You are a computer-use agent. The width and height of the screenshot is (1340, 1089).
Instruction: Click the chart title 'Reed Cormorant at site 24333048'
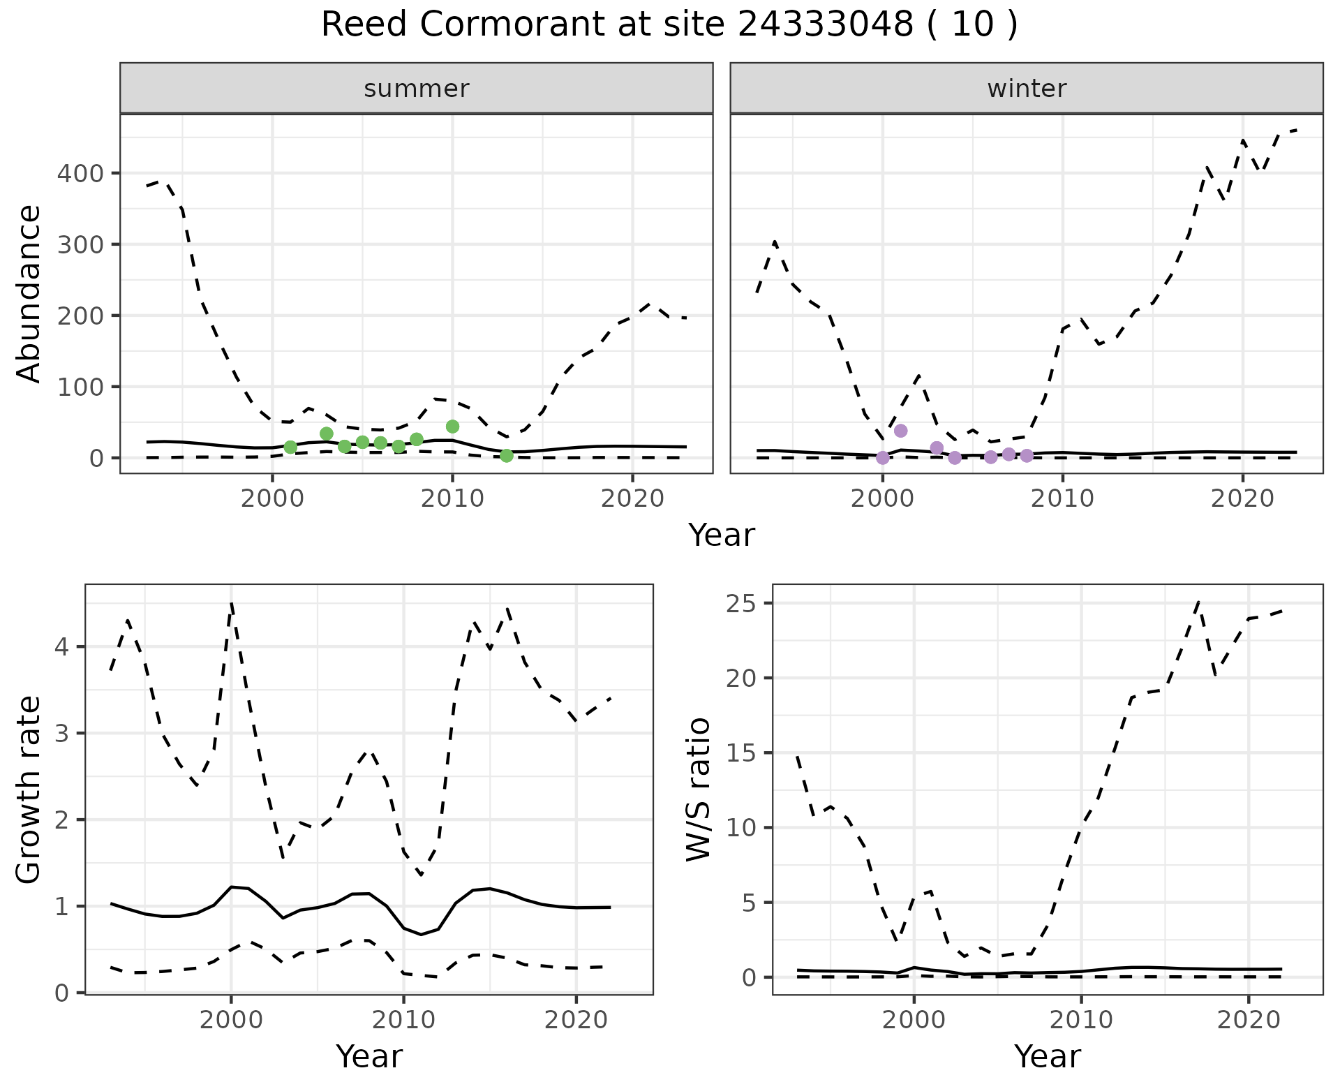(669, 25)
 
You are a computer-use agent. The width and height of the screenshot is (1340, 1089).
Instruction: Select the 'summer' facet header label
(417, 89)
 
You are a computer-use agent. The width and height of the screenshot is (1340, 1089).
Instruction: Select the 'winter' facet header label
(1027, 89)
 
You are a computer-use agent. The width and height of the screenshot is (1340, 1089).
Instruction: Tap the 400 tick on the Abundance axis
(80, 173)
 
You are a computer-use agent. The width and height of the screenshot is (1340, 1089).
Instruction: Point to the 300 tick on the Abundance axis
(80, 244)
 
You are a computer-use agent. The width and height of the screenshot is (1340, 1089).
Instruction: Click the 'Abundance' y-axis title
(29, 293)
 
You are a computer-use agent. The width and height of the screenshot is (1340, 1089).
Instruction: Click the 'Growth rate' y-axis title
(29, 790)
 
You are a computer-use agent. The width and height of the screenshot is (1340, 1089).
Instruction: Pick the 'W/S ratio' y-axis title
(699, 790)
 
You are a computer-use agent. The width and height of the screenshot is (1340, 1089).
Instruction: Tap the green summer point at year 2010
(452, 427)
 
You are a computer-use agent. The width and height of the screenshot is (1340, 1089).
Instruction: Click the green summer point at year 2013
(507, 456)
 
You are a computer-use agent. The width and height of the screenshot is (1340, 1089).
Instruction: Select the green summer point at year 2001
(291, 447)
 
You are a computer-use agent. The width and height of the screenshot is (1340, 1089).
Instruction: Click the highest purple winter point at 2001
(900, 431)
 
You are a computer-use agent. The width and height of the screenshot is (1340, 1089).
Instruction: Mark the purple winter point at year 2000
(883, 458)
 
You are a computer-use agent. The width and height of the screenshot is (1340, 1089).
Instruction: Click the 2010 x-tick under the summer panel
(452, 498)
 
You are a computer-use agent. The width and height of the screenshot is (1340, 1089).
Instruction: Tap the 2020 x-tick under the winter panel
(1242, 498)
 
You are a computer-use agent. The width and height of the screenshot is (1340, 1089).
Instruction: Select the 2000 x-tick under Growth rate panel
(231, 1020)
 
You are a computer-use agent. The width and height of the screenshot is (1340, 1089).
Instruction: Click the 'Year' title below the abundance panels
(722, 535)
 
